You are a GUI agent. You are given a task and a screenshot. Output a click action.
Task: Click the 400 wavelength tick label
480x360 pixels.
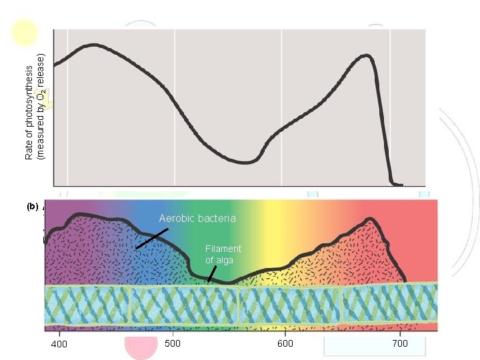(x=59, y=344)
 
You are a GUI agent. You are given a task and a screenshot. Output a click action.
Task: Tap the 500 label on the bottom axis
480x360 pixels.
(x=172, y=344)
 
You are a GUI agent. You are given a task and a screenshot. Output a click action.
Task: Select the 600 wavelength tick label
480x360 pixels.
(x=285, y=344)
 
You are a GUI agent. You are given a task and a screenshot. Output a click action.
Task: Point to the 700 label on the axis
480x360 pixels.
(x=399, y=344)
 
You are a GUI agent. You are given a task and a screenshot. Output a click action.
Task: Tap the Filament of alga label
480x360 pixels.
(x=223, y=254)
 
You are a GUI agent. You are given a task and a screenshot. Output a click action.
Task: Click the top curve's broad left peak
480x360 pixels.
(x=95, y=45)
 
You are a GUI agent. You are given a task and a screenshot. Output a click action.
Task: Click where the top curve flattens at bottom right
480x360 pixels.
(x=397, y=183)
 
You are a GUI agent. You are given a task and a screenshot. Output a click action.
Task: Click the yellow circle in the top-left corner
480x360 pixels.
(x=25, y=33)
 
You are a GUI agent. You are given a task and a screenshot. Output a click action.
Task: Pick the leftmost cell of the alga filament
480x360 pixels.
(x=87, y=306)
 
